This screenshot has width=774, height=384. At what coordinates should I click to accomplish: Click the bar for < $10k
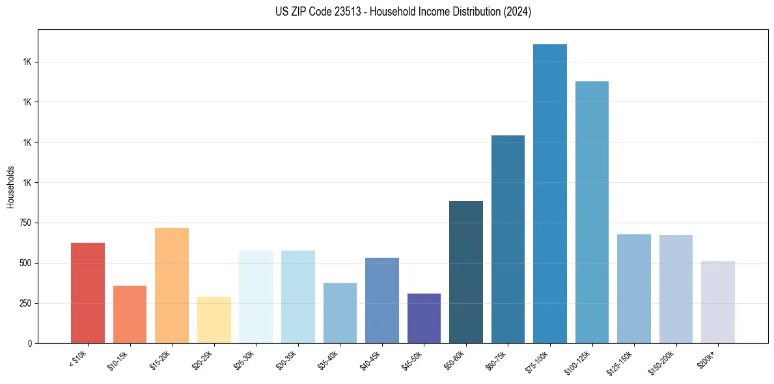88,293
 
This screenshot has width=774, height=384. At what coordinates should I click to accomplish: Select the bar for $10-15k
130,314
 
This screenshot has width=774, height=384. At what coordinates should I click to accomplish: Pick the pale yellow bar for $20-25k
214,320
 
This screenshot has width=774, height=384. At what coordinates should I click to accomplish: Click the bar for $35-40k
340,313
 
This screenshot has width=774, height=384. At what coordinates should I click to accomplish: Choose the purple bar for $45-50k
424,318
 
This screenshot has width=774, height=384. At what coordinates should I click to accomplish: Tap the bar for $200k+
718,302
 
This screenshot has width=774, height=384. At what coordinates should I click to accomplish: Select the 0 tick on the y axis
30,343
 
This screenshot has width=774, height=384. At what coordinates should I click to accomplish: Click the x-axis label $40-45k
370,359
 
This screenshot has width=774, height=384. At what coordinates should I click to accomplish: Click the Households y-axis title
10,187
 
